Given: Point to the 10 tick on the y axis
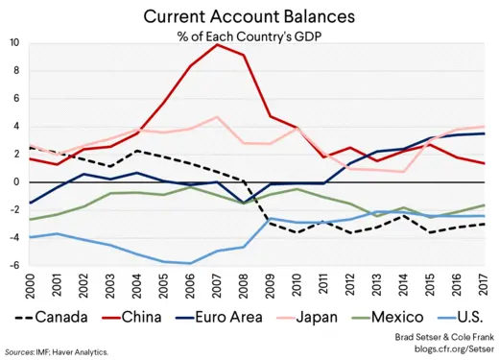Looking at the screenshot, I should (13, 43).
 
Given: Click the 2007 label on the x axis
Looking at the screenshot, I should (218, 284).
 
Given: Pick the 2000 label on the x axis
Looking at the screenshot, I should (31, 284).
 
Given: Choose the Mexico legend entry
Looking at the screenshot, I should (403, 316).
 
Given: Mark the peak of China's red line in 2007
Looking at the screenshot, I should (218, 44).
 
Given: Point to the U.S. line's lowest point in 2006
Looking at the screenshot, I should (191, 263).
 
